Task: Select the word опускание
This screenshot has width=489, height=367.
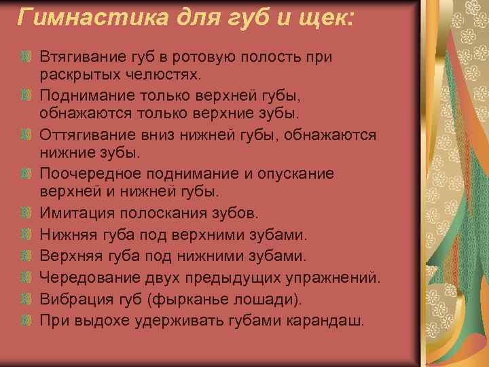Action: pyautogui.click(x=293, y=174)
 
